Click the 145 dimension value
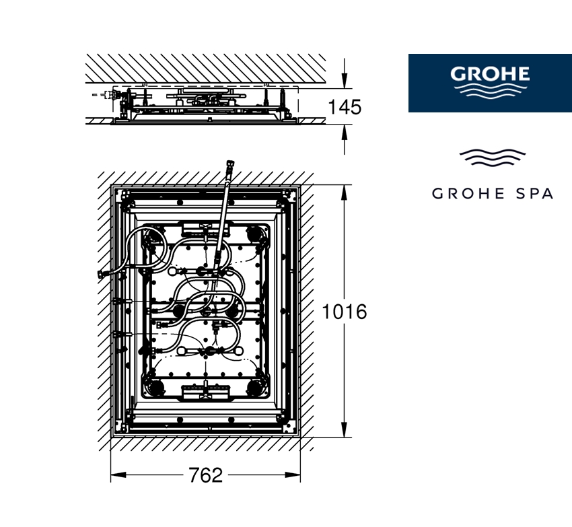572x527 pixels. tap(345, 107)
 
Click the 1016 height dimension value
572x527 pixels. tap(345, 312)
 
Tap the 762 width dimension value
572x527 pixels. tap(206, 475)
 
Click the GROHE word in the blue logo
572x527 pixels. tap(490, 74)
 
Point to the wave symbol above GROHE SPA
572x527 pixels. tap(493, 157)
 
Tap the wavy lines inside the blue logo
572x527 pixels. tap(490, 90)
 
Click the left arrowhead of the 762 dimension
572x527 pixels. tap(118, 475)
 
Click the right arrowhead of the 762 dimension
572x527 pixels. tap(293, 475)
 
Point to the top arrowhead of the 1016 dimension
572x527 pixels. tap(344, 192)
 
